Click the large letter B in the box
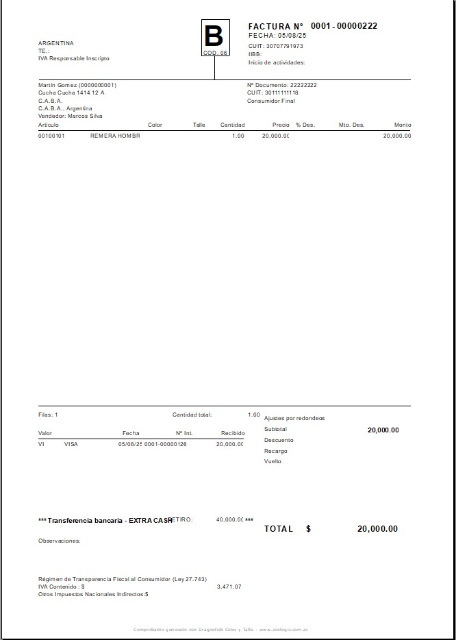(x=214, y=36)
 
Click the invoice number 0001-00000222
(x=344, y=26)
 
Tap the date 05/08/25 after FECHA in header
(x=292, y=35)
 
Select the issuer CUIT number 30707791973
(x=284, y=46)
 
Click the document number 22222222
(x=303, y=85)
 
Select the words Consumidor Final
(x=271, y=101)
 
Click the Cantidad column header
(x=232, y=125)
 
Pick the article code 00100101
(x=51, y=136)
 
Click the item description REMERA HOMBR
(x=115, y=136)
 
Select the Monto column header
(x=403, y=125)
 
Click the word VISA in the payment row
(x=71, y=444)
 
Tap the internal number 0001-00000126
(x=165, y=444)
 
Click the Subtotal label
(x=275, y=429)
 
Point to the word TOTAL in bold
(x=279, y=529)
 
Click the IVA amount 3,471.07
(x=229, y=587)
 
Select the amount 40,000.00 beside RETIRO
(x=230, y=519)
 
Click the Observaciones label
(x=59, y=541)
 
